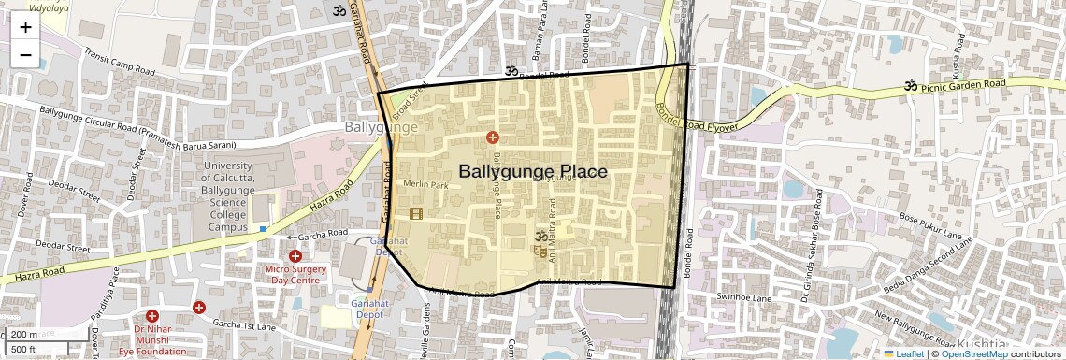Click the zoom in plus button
point(25,26)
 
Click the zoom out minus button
point(25,54)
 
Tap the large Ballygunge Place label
point(533,172)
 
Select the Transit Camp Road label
point(118,62)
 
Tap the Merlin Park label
point(425,185)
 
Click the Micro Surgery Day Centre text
point(295,274)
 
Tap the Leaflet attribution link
point(903,353)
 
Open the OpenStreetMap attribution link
point(973,353)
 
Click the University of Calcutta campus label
point(228,195)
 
